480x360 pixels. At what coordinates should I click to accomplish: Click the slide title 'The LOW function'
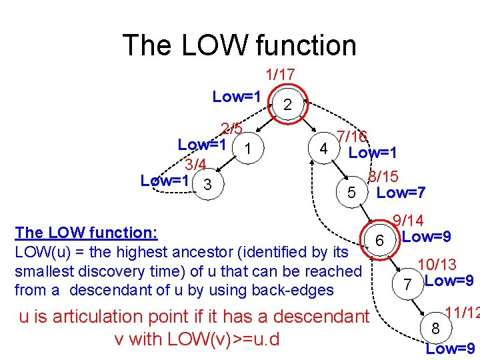pos(239,45)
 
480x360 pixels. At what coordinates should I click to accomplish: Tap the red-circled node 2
pos(287,104)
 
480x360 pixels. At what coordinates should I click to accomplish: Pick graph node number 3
pos(208,185)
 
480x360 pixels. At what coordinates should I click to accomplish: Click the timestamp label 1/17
pos(280,75)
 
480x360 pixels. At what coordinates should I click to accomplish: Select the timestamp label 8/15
pos(383,177)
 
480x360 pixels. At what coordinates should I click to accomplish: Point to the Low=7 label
pos(401,193)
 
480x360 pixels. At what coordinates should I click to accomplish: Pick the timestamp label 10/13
pos(437,265)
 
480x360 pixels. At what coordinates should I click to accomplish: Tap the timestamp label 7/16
pos(352,137)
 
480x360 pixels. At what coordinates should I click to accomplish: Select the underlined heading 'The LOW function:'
pos(86,233)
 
